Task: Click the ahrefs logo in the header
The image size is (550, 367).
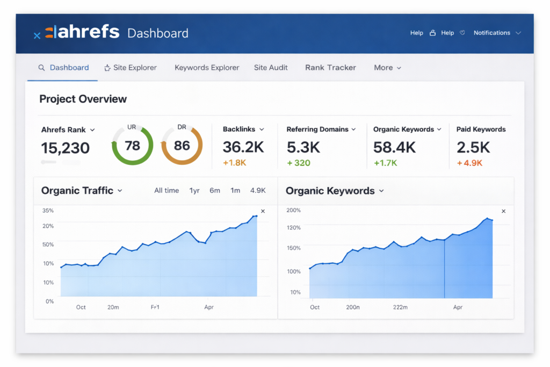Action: tap(82, 32)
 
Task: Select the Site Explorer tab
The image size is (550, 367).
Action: tap(131, 68)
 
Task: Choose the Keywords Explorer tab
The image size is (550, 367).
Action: tap(207, 68)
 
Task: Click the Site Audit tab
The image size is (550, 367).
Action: tap(271, 68)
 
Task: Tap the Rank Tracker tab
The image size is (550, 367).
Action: tap(330, 68)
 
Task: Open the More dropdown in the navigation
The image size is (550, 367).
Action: tap(387, 68)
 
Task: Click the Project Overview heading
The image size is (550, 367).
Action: tap(83, 99)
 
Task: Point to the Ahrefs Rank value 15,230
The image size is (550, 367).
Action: tap(66, 148)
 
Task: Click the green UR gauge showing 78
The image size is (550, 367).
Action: tap(132, 146)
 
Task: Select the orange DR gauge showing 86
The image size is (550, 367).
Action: tap(182, 146)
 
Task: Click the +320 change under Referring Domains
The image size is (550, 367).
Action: tap(299, 163)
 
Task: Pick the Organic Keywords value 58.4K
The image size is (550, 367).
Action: tap(395, 147)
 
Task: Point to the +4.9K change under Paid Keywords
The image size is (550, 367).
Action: tap(469, 163)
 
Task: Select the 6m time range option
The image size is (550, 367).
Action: tap(215, 190)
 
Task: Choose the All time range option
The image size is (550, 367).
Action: tap(167, 190)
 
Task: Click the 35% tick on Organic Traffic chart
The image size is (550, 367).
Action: tap(48, 211)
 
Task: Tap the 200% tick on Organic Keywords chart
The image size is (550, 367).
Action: tap(293, 211)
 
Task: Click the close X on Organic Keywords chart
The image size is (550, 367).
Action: tap(503, 211)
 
